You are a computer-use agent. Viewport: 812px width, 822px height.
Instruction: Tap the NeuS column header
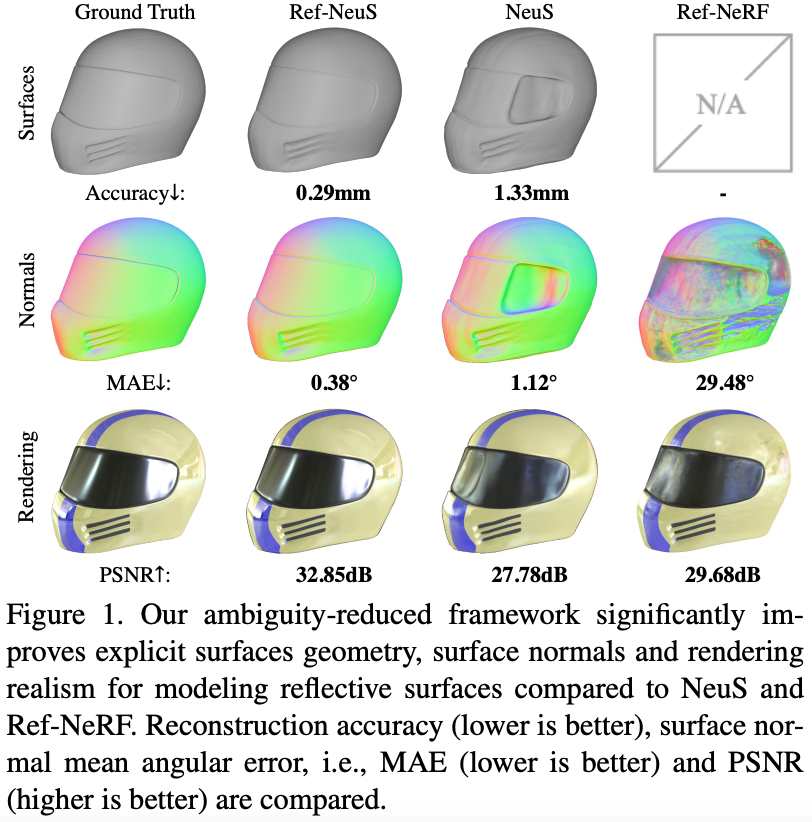coord(517,15)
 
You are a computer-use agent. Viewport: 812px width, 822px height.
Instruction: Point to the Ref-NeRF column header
coord(713,15)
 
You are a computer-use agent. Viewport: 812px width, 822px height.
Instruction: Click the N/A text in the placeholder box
coord(713,104)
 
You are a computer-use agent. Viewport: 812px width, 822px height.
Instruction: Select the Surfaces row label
coord(27,102)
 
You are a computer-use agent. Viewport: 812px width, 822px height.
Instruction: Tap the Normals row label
coord(27,290)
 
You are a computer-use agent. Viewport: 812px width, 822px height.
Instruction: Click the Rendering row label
coord(27,477)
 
